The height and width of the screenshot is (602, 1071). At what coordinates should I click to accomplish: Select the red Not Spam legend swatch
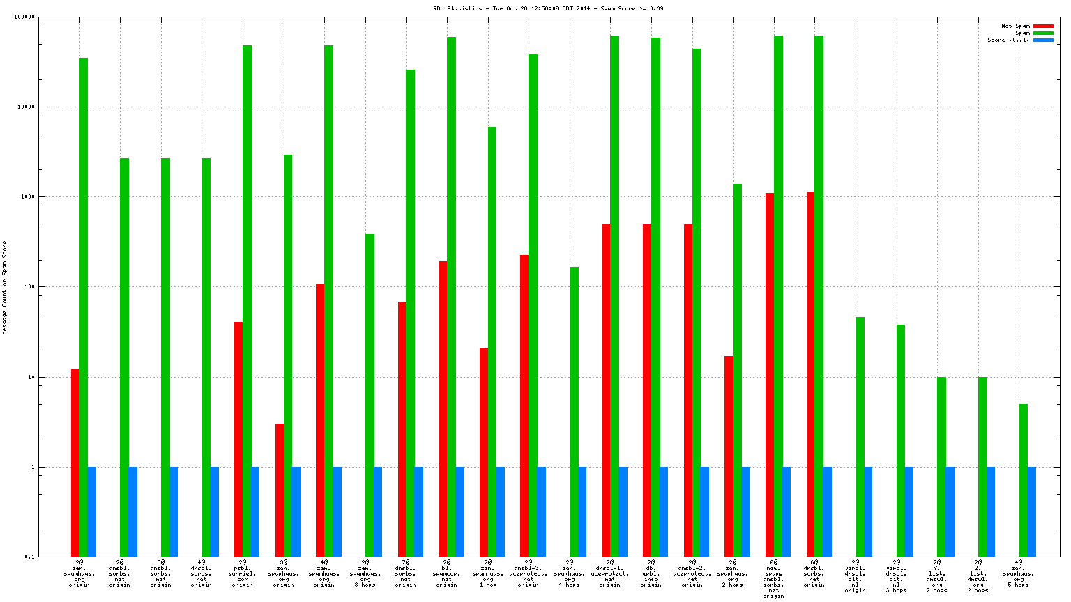[x=1043, y=26]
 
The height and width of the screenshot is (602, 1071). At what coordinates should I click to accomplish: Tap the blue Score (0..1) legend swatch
[x=1043, y=40]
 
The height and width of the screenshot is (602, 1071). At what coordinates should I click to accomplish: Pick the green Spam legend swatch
[x=1043, y=33]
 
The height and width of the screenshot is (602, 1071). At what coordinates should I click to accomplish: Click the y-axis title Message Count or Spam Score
[x=5, y=288]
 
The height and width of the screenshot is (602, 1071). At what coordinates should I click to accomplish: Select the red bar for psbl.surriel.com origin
[x=238, y=439]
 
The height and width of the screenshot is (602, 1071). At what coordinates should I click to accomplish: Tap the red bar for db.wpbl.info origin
[x=647, y=390]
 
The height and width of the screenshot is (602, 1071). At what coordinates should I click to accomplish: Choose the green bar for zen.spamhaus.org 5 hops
[x=1023, y=480]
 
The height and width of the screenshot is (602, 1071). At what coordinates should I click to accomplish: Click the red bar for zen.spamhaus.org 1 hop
[x=484, y=452]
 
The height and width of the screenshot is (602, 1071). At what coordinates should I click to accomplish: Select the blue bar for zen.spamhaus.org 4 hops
[x=582, y=511]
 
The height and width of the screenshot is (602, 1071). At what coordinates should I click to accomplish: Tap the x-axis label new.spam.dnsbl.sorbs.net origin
[x=773, y=578]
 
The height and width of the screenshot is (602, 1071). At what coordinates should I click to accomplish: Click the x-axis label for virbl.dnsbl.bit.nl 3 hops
[x=896, y=576]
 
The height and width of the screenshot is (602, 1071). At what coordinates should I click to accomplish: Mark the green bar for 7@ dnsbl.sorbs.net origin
[x=410, y=313]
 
